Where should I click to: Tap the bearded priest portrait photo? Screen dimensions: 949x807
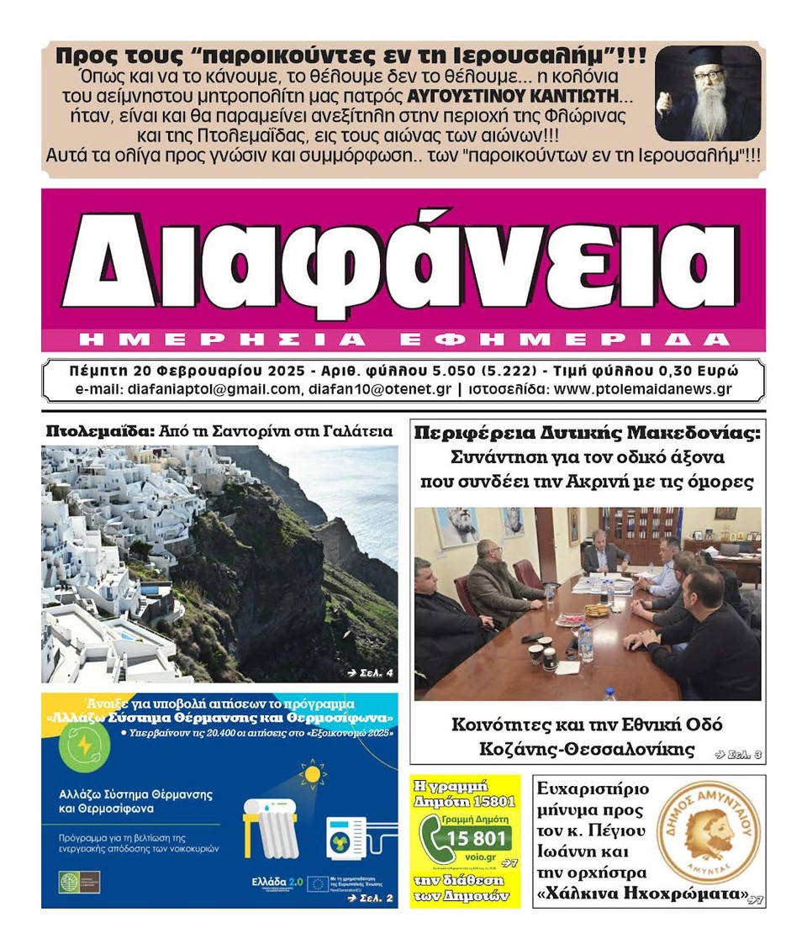click(x=708, y=92)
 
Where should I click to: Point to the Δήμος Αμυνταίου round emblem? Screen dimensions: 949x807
click(x=700, y=832)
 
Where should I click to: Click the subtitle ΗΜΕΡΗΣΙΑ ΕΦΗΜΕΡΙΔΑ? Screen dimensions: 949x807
click(x=402, y=339)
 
